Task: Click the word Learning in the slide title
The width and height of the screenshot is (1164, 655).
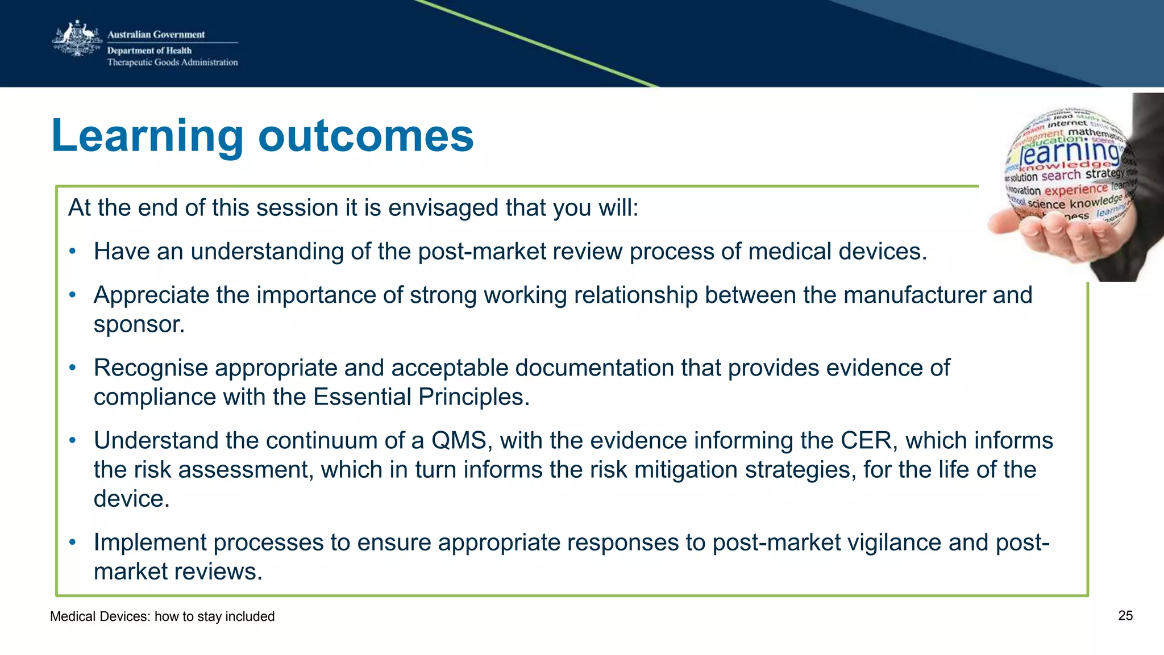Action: pyautogui.click(x=147, y=136)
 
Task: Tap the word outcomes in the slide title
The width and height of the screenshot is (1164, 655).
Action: pyautogui.click(x=366, y=136)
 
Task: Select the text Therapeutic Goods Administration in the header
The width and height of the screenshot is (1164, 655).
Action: pyautogui.click(x=172, y=62)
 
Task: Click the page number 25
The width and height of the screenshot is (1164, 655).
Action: pyautogui.click(x=1125, y=616)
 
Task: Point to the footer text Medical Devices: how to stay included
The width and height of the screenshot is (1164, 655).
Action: pyautogui.click(x=162, y=616)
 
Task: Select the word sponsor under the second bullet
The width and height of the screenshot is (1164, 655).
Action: pyautogui.click(x=138, y=324)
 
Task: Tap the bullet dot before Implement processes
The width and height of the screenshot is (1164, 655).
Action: pyautogui.click(x=72, y=543)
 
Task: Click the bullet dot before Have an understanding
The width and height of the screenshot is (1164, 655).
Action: pyautogui.click(x=72, y=252)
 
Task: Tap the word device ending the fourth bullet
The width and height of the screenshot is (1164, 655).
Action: pyautogui.click(x=130, y=499)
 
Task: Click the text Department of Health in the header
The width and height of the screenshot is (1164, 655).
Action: pyautogui.click(x=149, y=51)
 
